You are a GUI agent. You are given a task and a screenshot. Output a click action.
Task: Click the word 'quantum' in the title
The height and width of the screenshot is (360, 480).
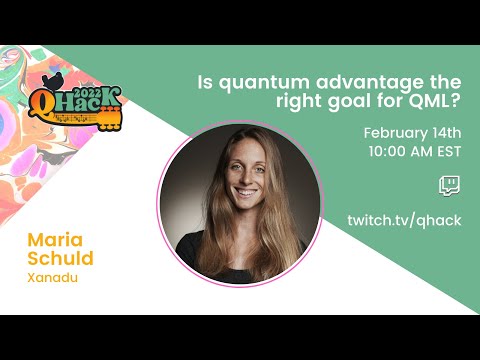coord(260,81)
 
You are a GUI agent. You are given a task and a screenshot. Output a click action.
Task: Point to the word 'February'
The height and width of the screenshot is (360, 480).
coord(398,133)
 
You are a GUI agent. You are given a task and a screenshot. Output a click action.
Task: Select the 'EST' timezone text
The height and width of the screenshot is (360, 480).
coord(445,152)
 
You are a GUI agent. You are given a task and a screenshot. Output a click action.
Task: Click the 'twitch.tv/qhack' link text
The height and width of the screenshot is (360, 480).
coord(404,220)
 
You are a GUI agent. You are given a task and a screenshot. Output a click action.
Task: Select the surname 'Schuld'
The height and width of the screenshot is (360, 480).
coord(61,260)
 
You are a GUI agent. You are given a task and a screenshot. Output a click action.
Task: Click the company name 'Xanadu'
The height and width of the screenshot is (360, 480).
coord(52,279)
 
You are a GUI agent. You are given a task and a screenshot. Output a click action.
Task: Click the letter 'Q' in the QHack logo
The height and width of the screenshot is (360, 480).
coord(44,103)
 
